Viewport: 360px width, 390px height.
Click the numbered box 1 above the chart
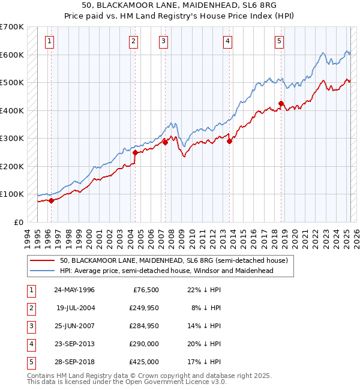49,41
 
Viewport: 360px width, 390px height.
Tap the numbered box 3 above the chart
163,41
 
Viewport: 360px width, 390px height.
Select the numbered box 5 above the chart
280,41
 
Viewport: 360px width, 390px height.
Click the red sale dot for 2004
135,152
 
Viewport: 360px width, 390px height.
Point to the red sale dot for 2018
281,104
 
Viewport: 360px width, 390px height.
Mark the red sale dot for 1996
51,201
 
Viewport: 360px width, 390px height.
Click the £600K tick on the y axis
12,55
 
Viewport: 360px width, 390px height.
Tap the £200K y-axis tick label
12,166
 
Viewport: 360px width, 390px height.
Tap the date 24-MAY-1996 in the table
74,290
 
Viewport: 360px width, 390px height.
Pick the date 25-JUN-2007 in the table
74,326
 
